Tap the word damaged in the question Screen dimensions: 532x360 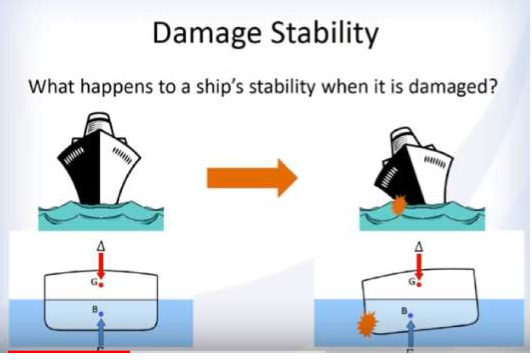point(453,86)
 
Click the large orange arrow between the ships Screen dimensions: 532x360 point(252,178)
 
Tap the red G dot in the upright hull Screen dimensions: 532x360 point(101,285)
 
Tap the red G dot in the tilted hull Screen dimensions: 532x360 point(419,284)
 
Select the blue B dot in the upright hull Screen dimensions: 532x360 point(101,314)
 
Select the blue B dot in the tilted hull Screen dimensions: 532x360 point(411,316)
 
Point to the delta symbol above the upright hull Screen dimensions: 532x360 point(101,246)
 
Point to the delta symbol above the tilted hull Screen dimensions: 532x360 point(419,246)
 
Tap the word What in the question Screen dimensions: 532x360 point(51,86)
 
